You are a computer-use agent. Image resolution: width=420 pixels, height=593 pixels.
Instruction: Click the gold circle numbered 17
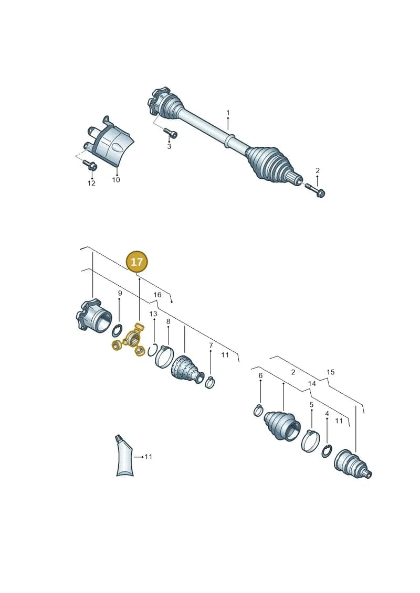point(136,261)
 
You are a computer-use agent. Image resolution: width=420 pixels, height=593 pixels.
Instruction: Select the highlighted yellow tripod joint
point(130,340)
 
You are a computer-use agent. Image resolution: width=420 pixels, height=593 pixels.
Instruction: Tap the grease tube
point(124,455)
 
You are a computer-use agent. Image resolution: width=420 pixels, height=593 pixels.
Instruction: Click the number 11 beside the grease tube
point(149,457)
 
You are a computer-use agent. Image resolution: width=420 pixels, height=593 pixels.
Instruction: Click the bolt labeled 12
point(90,165)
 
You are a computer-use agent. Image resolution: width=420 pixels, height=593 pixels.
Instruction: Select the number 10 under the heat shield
point(116,180)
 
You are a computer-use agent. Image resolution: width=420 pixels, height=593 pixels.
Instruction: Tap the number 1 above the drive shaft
point(228,113)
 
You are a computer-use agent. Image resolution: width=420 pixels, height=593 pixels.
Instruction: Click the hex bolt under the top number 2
point(315,191)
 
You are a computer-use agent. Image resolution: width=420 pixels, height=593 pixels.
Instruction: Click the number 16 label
point(157,295)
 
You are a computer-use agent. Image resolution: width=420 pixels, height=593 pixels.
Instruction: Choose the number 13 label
point(153,314)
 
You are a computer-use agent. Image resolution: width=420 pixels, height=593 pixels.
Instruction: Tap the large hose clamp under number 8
point(164,356)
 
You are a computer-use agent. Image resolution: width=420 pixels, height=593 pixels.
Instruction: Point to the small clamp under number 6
point(258,409)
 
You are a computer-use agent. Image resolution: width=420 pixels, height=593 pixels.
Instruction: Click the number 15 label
point(331,372)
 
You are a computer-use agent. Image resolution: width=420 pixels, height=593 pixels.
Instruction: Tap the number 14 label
point(312,383)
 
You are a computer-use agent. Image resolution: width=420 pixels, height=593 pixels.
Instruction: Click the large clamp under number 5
point(311,440)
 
